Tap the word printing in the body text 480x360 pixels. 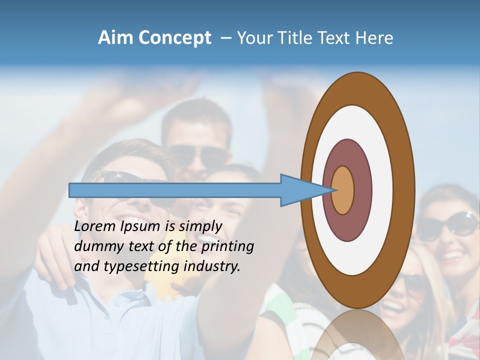click(227, 247)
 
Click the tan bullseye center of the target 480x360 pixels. click(343, 190)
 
